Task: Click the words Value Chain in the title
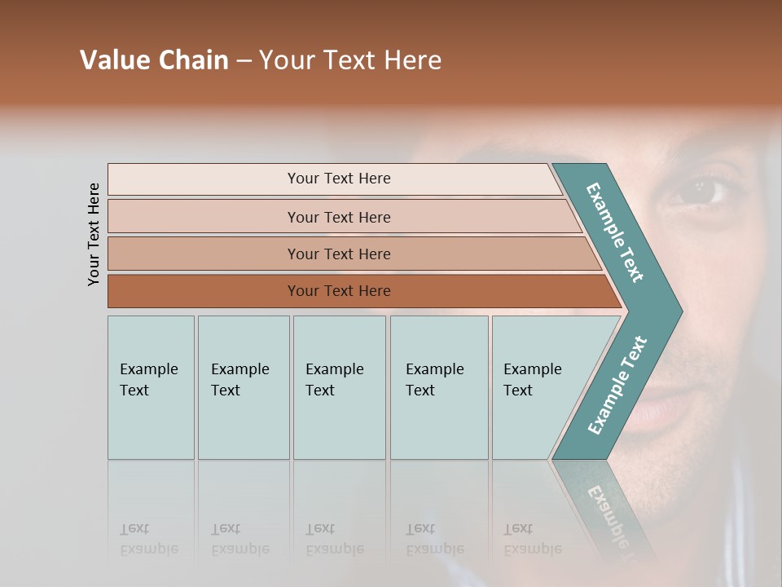[x=154, y=60]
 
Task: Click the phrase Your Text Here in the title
[x=350, y=60]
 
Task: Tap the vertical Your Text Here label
[x=94, y=235]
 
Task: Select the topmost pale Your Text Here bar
[x=338, y=179]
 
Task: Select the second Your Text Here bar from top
[x=338, y=217]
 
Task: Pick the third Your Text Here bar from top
[x=338, y=254]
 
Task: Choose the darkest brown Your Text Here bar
[x=338, y=291]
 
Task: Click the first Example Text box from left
[x=151, y=387]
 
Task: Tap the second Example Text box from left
[x=243, y=387]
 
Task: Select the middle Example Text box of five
[x=339, y=387]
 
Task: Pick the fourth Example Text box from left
[x=438, y=387]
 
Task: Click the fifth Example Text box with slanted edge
[x=538, y=387]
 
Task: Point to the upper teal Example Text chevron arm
[x=615, y=232]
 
